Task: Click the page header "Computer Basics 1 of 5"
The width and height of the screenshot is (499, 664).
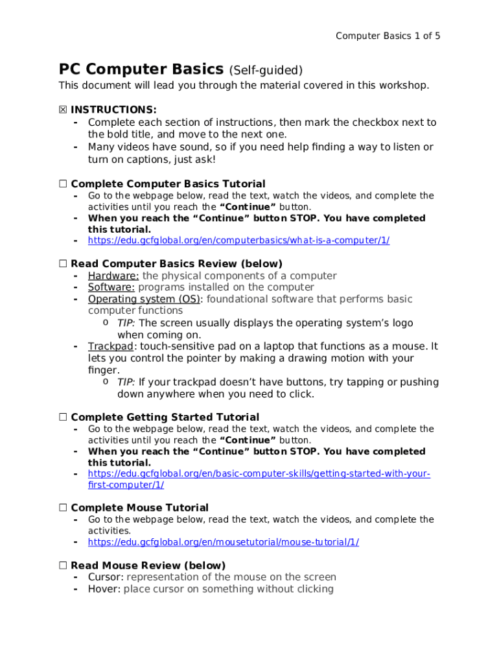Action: pos(388,36)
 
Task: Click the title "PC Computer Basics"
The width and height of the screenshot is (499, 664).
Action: pos(141,69)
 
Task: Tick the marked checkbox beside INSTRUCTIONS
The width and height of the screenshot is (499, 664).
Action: pos(63,110)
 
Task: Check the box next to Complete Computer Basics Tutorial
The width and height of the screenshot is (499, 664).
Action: pos(63,184)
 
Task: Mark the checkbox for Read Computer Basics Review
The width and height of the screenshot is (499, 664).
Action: pos(63,264)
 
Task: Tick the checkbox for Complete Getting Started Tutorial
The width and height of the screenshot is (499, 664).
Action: pos(63,417)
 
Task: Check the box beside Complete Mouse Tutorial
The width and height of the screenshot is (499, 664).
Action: pos(63,508)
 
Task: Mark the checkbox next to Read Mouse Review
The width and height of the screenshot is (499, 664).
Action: pos(63,565)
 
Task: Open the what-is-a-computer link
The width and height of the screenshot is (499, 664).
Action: pos(238,241)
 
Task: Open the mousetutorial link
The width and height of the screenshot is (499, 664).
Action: pos(223,542)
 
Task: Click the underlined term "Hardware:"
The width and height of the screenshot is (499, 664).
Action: pos(113,276)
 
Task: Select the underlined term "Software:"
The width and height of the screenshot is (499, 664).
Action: pos(111,287)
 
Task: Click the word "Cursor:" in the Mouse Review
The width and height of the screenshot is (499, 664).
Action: pos(106,577)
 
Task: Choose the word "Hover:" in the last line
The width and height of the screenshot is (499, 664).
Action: pos(104,589)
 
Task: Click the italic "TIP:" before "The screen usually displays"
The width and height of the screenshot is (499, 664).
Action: pos(126,323)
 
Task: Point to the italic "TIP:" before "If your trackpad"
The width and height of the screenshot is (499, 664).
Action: pos(126,382)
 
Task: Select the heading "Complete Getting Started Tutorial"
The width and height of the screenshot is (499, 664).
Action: pos(165,417)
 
